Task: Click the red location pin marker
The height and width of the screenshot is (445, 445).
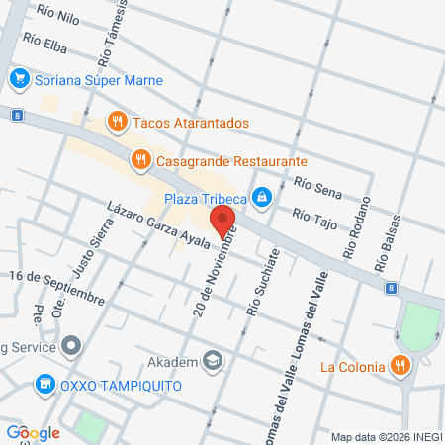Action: coord(222,220)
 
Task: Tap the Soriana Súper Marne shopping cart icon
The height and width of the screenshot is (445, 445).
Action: coord(18,78)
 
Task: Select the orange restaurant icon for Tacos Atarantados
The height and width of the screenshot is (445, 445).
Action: coord(118,122)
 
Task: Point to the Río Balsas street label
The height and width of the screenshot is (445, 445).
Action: coord(388,242)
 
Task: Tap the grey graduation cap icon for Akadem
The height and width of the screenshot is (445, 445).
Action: coord(211,359)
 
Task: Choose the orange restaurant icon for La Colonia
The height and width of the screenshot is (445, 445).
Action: coord(400,366)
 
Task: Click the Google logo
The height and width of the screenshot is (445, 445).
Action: coord(33,432)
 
